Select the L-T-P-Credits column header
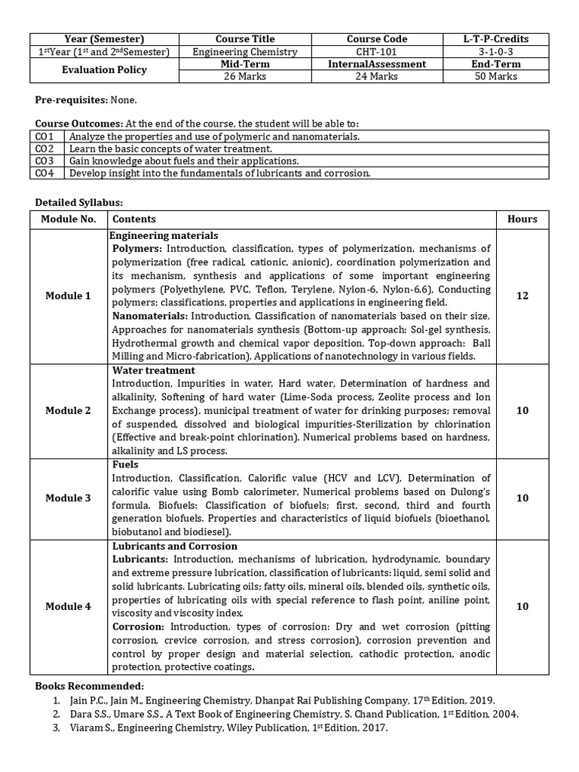point(495,39)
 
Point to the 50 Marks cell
point(495,76)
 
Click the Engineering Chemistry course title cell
point(245,52)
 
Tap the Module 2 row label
point(68,410)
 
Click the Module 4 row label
point(68,606)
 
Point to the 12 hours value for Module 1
point(522,296)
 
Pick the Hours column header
point(522,219)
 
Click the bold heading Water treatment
point(154,371)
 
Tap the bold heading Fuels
point(125,465)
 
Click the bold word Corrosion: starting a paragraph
point(138,626)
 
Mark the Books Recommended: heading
point(90,686)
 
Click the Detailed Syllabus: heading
point(79,203)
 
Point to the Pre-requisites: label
point(72,100)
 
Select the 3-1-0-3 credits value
point(495,52)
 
